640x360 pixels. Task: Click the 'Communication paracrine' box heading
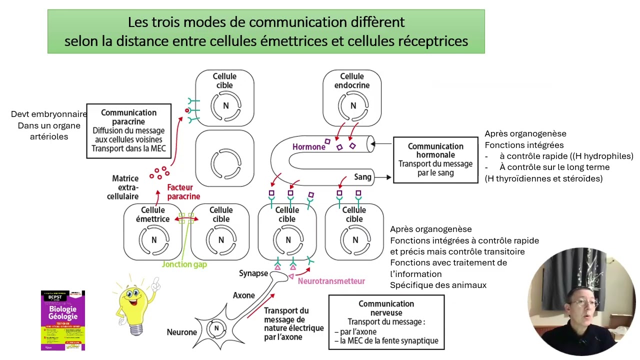click(x=128, y=117)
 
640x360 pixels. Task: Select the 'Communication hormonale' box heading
click(x=435, y=150)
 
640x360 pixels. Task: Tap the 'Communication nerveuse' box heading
click(x=386, y=308)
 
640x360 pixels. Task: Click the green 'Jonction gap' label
click(x=184, y=264)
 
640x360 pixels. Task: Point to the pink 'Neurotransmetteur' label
click(x=331, y=281)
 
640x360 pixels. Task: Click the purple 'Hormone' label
click(x=308, y=147)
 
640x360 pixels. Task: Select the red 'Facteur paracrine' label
click(x=183, y=192)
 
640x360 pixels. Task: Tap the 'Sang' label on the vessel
click(x=362, y=177)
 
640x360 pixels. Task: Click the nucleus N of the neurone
click(x=216, y=328)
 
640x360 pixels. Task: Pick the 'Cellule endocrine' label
click(x=352, y=81)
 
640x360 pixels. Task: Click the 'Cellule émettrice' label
click(x=152, y=214)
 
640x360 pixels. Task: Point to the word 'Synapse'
click(x=253, y=273)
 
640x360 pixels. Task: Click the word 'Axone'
click(x=243, y=295)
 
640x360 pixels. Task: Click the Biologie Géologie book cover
click(x=63, y=320)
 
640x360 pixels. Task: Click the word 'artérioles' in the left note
click(x=49, y=136)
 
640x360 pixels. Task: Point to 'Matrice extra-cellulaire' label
click(x=124, y=187)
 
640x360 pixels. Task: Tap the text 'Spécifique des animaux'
click(x=438, y=285)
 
